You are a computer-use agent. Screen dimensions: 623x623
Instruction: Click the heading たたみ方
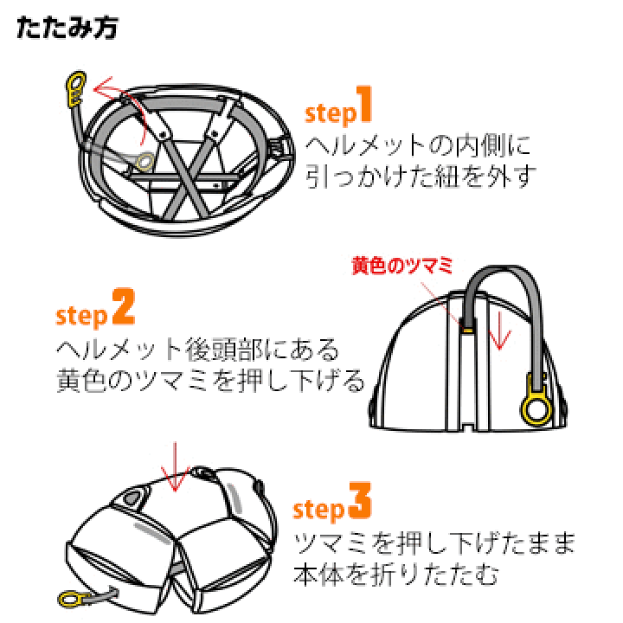click(67, 28)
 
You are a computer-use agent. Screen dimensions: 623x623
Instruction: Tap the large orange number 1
click(364, 104)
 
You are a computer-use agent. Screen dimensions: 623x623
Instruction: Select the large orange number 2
click(124, 306)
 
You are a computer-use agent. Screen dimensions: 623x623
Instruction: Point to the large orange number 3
click(360, 500)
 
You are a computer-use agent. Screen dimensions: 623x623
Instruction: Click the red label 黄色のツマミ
click(402, 266)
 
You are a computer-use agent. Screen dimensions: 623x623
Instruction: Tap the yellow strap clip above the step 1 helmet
click(76, 89)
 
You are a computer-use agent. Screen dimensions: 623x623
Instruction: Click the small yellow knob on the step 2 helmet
click(467, 330)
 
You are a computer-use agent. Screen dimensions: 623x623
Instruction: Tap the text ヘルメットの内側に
click(418, 146)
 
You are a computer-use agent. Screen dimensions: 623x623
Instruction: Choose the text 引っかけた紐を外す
click(421, 177)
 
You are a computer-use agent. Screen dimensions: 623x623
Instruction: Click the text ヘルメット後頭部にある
click(197, 350)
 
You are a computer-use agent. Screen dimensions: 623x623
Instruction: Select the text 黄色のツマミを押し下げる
click(210, 380)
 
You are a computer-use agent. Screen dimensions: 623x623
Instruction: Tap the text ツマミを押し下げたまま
click(434, 543)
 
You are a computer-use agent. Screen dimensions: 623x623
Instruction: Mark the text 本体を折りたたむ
click(395, 575)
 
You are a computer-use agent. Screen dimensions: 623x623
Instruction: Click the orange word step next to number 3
click(318, 510)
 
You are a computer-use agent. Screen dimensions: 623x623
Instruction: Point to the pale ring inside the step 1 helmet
click(145, 162)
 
